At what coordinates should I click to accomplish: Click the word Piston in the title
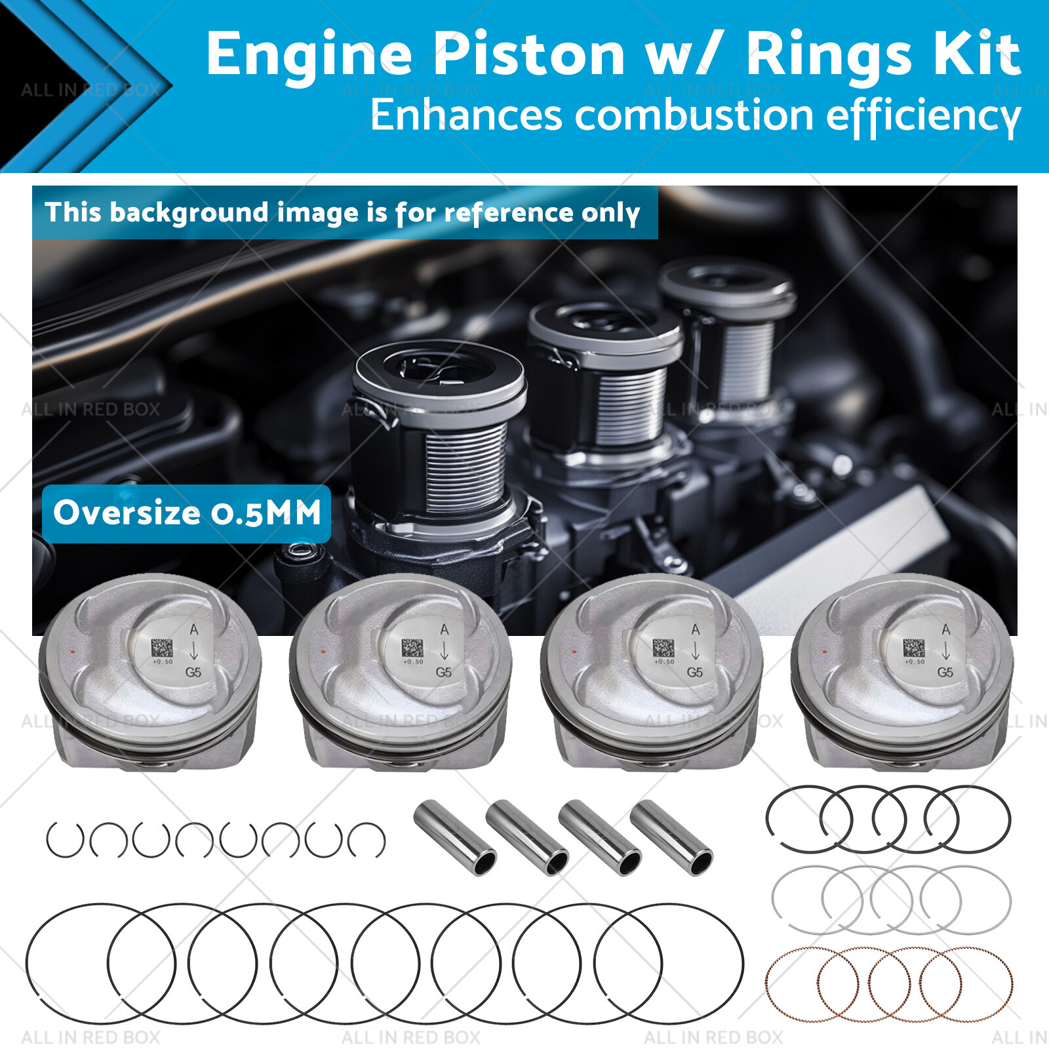click(x=528, y=54)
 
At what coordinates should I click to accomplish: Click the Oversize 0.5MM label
click(x=187, y=513)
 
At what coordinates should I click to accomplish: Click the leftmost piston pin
click(x=455, y=837)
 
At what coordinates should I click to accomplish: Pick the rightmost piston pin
click(x=671, y=837)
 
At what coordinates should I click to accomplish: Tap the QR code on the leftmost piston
click(x=162, y=648)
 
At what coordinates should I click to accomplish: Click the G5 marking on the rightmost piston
click(x=945, y=672)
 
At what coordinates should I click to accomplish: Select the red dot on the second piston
click(x=323, y=652)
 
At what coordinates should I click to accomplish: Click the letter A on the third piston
click(x=695, y=629)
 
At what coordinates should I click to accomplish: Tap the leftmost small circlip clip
click(x=65, y=840)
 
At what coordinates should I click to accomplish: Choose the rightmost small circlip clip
click(x=366, y=840)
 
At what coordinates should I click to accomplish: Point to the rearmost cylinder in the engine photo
click(x=728, y=328)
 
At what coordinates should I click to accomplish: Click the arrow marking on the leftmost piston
click(x=193, y=651)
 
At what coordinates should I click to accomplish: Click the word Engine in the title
click(x=309, y=56)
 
